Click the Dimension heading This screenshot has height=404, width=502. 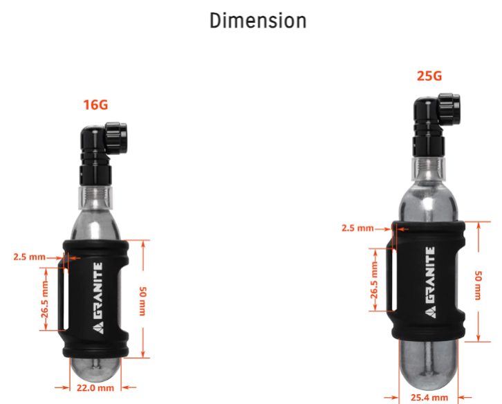(258, 21)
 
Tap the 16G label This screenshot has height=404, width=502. (95, 105)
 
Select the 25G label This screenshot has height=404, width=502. (429, 76)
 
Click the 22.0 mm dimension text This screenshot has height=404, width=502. (95, 388)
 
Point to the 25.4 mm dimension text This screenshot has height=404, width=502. (429, 398)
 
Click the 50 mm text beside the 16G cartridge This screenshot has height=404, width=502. (143, 301)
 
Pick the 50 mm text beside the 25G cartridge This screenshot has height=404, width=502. (478, 285)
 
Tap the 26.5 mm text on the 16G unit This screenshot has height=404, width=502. (45, 299)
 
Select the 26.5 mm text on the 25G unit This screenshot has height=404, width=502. (374, 279)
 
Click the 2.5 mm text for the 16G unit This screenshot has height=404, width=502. (30, 257)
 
